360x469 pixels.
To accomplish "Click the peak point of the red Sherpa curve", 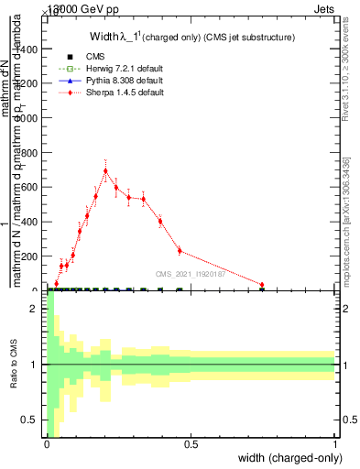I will (106, 170).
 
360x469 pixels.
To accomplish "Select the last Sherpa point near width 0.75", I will (262, 285).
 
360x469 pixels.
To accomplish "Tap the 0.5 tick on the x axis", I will (191, 444).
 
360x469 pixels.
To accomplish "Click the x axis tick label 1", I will (336, 444).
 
